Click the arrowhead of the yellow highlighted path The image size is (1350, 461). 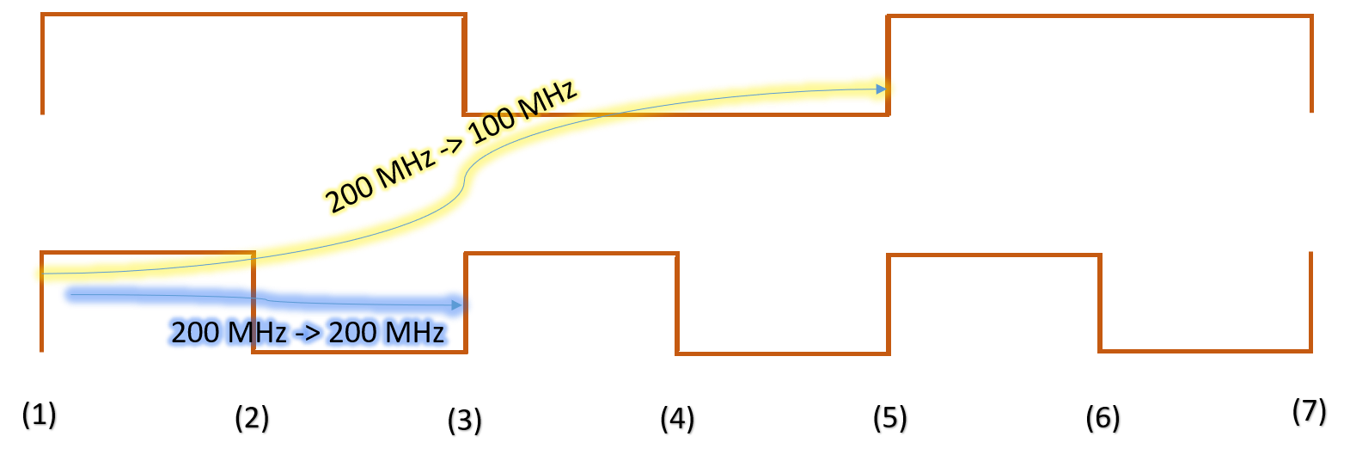(881, 89)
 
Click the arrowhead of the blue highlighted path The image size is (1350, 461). (456, 304)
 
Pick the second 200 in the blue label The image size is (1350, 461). (351, 333)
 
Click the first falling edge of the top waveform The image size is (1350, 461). (465, 65)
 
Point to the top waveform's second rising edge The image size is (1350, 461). (888, 65)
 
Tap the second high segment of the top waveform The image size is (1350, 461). (1100, 15)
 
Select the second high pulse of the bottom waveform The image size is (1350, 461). (571, 254)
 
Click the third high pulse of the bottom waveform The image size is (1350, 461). (994, 255)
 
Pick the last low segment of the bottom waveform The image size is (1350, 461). (1206, 351)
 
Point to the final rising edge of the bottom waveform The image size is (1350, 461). (1311, 301)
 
